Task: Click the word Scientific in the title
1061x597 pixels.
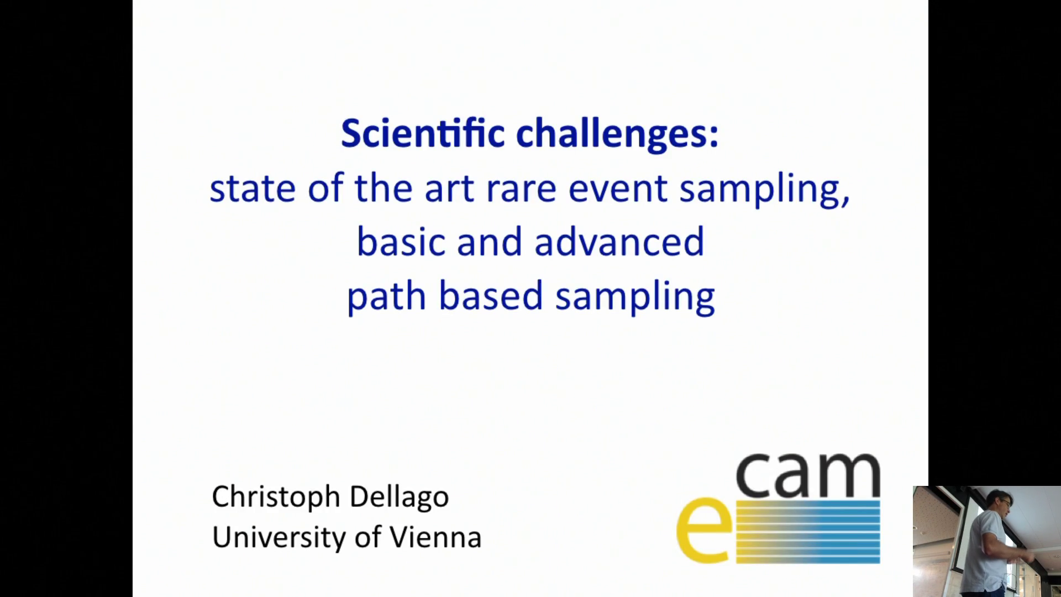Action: click(423, 133)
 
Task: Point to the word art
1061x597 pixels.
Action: click(449, 188)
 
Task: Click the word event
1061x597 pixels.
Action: click(618, 189)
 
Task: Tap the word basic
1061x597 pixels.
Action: click(401, 242)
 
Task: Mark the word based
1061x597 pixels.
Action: click(491, 296)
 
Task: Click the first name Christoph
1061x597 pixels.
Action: click(275, 497)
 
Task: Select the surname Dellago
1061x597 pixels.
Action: click(399, 497)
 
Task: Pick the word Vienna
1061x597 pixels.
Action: click(435, 537)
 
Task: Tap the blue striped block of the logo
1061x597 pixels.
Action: click(808, 531)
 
